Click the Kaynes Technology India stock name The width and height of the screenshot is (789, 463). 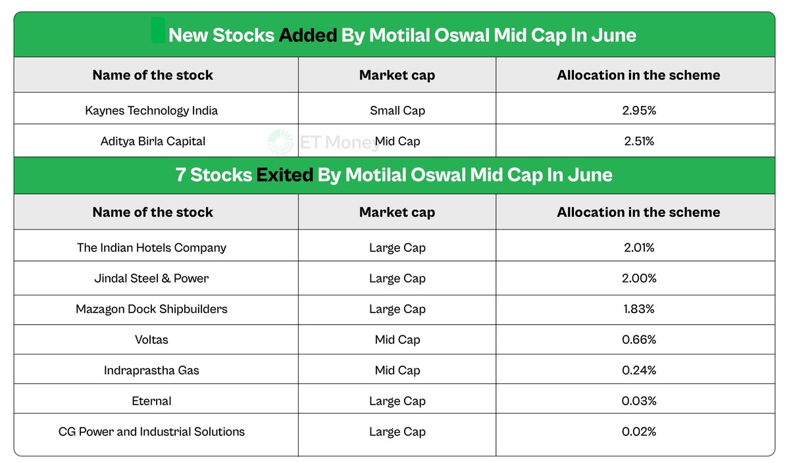click(151, 110)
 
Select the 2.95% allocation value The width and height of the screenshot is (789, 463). click(639, 110)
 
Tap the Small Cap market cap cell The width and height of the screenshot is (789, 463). click(397, 110)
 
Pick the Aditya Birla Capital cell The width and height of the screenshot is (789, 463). click(153, 141)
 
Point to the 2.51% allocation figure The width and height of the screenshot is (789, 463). click(639, 141)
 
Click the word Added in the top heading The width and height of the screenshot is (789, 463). click(308, 36)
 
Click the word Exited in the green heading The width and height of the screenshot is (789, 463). click(285, 175)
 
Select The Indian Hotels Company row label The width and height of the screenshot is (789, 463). click(151, 248)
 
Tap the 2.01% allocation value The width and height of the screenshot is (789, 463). click(639, 248)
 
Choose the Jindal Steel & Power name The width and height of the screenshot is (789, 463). click(151, 278)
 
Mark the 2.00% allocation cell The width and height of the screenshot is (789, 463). click(639, 278)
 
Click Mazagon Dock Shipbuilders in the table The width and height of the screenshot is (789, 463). click(151, 309)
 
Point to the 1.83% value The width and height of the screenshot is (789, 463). click(639, 309)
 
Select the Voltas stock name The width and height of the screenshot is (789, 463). click(151, 340)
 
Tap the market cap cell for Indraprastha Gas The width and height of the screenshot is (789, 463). click(397, 370)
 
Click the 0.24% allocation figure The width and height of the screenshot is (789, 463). click(639, 370)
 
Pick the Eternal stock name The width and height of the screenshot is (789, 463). click(151, 401)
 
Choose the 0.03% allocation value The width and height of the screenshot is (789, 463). click(639, 401)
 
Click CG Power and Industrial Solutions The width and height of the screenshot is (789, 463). click(151, 432)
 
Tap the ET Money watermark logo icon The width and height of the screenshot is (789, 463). click(280, 142)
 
